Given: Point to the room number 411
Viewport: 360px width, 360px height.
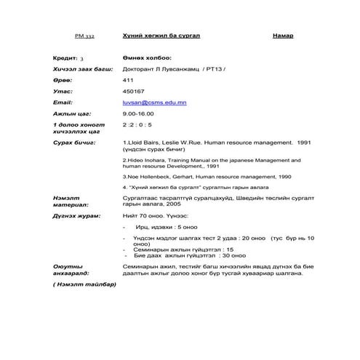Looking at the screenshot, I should [128, 80].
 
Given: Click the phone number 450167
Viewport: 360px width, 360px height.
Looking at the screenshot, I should [134, 92].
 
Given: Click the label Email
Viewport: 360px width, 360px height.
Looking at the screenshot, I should [63, 103].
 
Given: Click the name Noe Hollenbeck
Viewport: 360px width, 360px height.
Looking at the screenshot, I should [152, 177].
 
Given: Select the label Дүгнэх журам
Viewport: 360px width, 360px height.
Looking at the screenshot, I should [76, 216].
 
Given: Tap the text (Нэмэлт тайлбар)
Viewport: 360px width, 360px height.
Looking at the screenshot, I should [84, 284].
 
